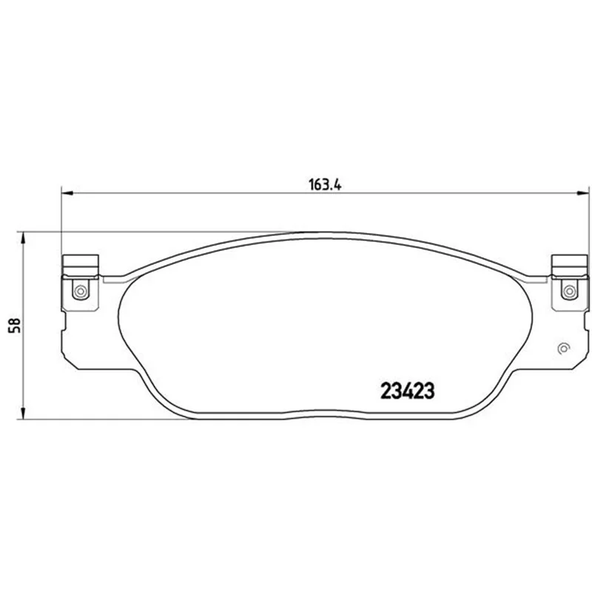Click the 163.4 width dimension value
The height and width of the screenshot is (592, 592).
tap(325, 185)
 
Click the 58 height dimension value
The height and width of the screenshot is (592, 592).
tap(16, 325)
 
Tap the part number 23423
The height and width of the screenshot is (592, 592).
tap(408, 391)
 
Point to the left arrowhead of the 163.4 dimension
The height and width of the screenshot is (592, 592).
tap(67, 193)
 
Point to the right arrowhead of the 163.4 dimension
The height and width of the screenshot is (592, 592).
tap(583, 193)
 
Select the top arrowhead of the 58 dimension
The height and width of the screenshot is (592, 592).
tap(23, 238)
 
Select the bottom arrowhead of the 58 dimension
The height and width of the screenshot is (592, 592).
tap(23, 414)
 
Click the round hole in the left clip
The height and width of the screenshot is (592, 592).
tap(81, 291)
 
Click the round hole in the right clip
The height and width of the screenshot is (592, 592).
tap(569, 291)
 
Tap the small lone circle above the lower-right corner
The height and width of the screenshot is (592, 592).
tap(563, 349)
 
